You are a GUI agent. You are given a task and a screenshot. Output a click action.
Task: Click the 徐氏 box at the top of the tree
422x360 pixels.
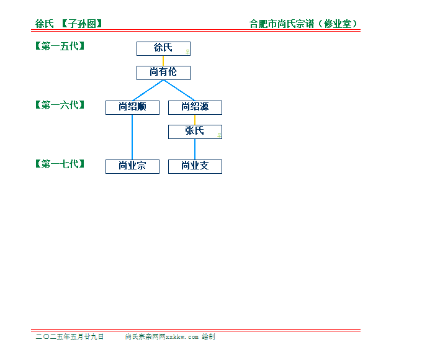pyautogui.click(x=163, y=49)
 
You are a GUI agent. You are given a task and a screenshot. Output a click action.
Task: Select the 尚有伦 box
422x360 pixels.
pyautogui.click(x=163, y=73)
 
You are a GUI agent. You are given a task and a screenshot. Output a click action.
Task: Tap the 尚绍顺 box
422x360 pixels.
pyautogui.click(x=132, y=108)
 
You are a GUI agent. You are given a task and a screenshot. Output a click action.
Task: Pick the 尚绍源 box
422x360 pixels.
pyautogui.click(x=195, y=108)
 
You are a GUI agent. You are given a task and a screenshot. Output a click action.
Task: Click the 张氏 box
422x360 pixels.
pyautogui.click(x=195, y=132)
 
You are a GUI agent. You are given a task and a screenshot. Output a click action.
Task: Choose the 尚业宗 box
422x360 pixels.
pyautogui.click(x=132, y=167)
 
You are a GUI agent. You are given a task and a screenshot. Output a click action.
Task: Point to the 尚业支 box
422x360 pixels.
pyautogui.click(x=195, y=167)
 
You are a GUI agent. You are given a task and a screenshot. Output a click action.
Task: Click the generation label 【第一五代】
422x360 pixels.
pyautogui.click(x=60, y=46)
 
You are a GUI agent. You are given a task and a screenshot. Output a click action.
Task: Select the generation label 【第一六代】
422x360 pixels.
pyautogui.click(x=60, y=105)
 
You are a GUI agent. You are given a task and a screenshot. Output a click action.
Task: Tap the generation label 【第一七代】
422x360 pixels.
pyautogui.click(x=60, y=164)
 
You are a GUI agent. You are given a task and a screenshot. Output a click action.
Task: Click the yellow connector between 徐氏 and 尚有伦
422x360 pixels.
pyautogui.click(x=163, y=61)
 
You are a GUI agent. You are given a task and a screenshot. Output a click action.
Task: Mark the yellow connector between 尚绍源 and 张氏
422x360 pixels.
pyautogui.click(x=195, y=120)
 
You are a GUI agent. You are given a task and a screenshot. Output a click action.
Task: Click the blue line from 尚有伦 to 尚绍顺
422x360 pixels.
pyautogui.click(x=148, y=91)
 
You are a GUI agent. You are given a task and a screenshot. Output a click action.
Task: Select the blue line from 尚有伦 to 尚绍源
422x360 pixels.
pyautogui.click(x=179, y=91)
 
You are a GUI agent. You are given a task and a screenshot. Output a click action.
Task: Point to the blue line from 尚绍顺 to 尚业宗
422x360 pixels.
pyautogui.click(x=132, y=137)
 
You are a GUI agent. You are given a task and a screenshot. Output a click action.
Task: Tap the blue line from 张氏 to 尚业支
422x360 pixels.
pyautogui.click(x=195, y=149)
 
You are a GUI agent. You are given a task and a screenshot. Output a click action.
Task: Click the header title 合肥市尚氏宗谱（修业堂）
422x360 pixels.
pyautogui.click(x=303, y=24)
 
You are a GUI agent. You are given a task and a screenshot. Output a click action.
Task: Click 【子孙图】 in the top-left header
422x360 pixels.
pyautogui.click(x=82, y=24)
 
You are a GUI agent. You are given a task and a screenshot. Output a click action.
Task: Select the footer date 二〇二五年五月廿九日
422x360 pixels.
pyautogui.click(x=70, y=336)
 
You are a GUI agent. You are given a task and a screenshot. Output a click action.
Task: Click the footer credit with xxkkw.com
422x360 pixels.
pyautogui.click(x=170, y=336)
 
